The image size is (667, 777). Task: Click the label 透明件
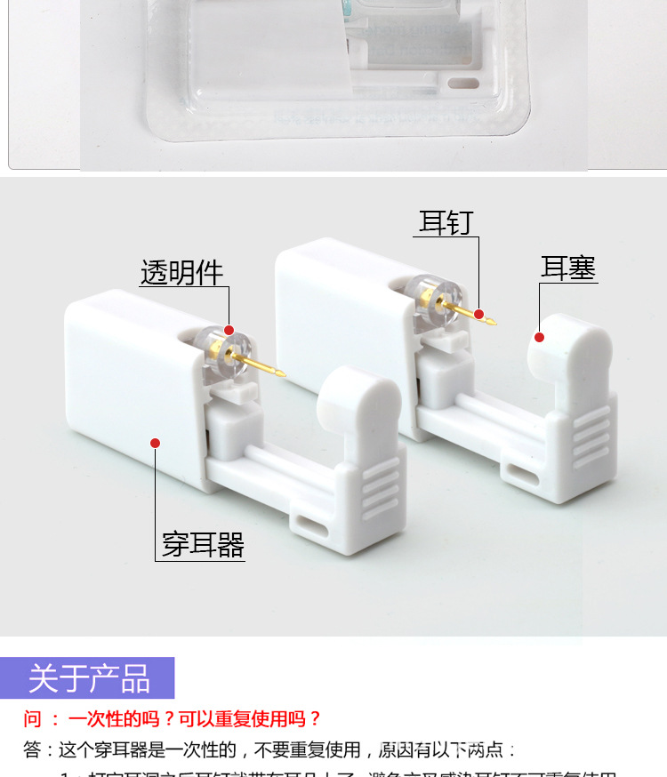(181, 272)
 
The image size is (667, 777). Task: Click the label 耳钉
(446, 222)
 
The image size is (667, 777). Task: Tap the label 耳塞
(568, 268)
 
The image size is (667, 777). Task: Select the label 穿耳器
(203, 544)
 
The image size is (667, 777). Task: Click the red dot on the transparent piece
(229, 330)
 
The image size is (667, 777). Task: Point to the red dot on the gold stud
(478, 314)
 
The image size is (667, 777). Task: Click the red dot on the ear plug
(539, 337)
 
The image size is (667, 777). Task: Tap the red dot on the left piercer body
(155, 443)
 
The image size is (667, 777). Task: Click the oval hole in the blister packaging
(464, 84)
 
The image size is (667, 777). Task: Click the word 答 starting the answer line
(32, 750)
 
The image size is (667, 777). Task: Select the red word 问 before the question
(33, 719)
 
